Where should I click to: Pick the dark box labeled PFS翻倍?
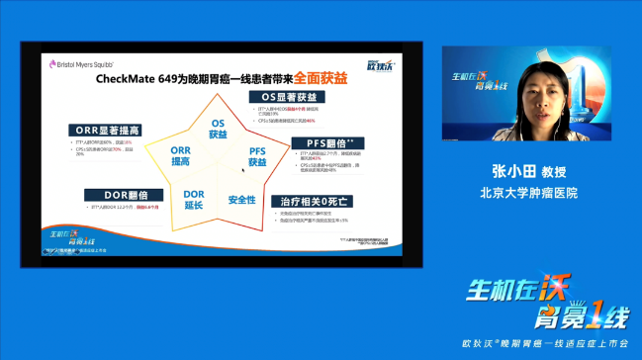(x=321, y=143)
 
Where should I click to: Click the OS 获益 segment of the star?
(x=219, y=129)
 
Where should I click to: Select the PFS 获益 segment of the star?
(x=256, y=155)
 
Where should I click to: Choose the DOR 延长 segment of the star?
(x=194, y=198)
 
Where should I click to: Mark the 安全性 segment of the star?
(x=241, y=199)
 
